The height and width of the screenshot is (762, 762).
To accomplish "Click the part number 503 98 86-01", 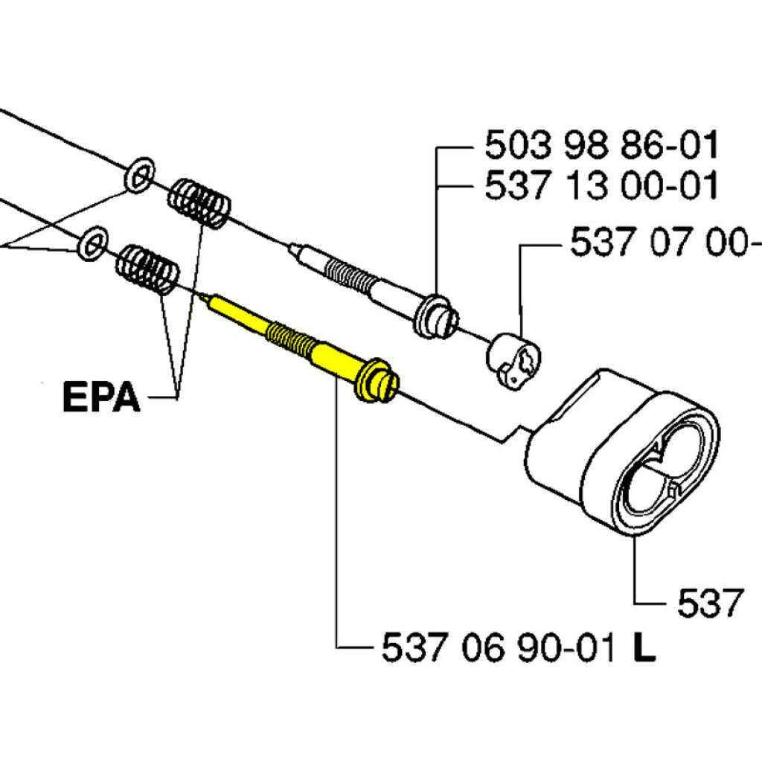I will coord(601,145).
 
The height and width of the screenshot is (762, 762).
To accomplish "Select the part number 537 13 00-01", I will coord(601,185).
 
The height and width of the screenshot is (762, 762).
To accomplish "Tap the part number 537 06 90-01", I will coord(499,648).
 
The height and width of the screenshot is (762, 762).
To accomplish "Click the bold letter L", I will coord(644,648).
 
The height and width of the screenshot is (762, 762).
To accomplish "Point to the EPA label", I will coord(101,398).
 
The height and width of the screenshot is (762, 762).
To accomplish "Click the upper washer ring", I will coord(140,174).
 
